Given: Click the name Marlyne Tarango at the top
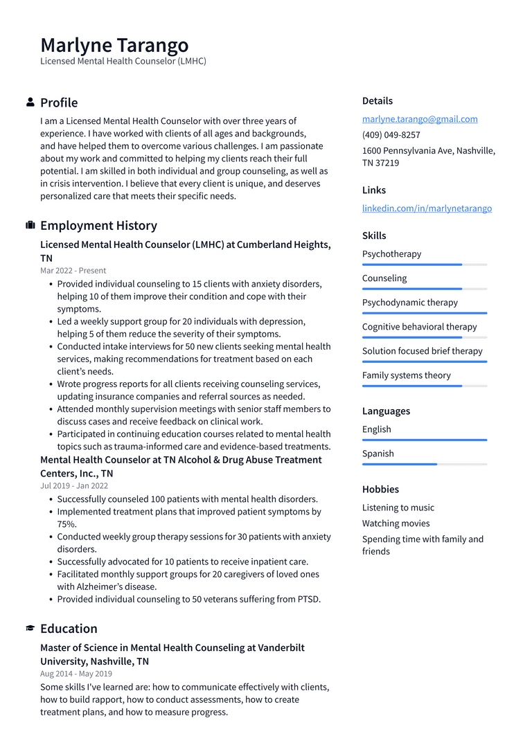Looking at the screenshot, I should [x=114, y=45].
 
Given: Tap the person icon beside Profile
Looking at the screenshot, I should [x=30, y=102].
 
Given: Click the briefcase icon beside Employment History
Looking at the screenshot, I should [x=30, y=226].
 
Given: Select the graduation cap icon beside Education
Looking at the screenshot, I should [x=30, y=629].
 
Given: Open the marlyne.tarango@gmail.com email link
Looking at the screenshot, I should [x=420, y=119].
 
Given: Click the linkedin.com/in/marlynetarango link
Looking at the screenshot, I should [x=427, y=208].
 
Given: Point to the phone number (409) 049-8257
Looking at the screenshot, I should [x=391, y=135].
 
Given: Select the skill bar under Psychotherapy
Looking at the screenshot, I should [x=424, y=265].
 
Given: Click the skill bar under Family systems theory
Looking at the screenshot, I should [x=424, y=386].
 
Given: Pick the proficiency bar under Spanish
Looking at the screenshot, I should [x=424, y=464].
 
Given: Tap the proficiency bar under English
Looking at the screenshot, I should [x=424, y=440].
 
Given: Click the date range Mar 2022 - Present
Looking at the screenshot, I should [x=73, y=271].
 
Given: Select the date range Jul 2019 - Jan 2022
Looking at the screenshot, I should [x=74, y=486].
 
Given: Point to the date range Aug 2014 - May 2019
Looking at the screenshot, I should [x=76, y=674].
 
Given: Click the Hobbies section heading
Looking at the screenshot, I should [x=380, y=490].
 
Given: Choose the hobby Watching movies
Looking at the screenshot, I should [x=396, y=523].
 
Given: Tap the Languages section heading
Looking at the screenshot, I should [x=386, y=411].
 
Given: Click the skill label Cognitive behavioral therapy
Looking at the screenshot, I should [x=419, y=327].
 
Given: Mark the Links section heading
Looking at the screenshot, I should [x=374, y=190].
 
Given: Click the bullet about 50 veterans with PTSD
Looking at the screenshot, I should [x=188, y=600].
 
